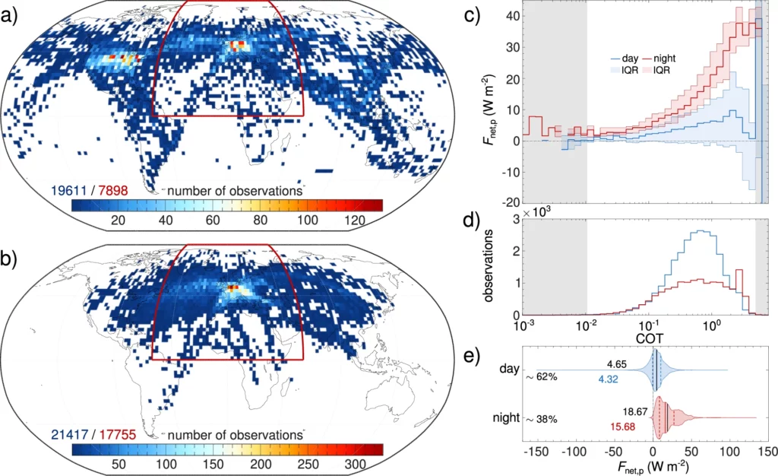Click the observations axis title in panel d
[x=492, y=270]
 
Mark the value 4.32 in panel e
[x=628, y=379]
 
